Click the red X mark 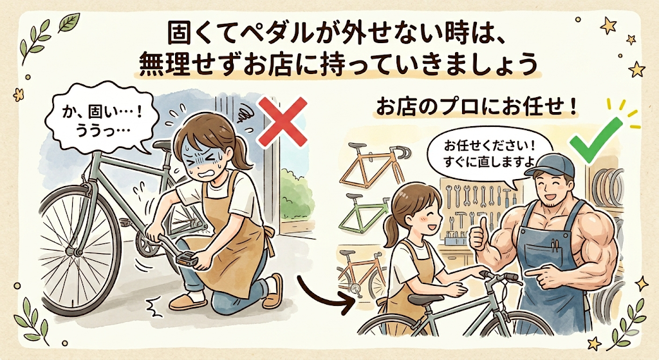(x=282, y=122)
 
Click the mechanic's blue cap (x=550, y=166)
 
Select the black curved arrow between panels (x=324, y=294)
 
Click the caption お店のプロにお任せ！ (x=476, y=108)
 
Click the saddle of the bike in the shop (x=425, y=299)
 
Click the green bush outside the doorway (x=296, y=194)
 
